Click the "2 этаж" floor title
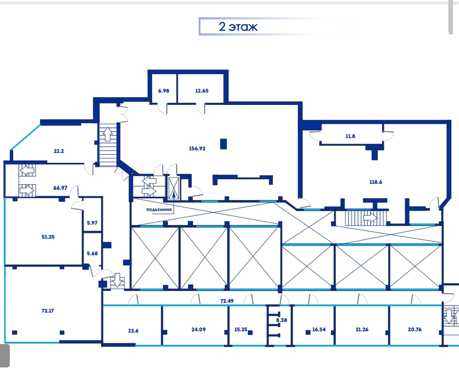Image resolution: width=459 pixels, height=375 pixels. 238,27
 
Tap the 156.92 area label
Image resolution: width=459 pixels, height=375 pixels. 197,149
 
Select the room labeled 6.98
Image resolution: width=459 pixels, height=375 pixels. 164,90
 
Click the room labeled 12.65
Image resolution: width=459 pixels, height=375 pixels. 202,90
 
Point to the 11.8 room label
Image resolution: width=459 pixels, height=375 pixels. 351,136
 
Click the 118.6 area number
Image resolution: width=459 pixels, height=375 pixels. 375,182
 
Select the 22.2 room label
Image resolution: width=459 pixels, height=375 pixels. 59,151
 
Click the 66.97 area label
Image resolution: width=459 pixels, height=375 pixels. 60,188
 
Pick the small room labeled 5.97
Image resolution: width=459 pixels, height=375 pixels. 92,223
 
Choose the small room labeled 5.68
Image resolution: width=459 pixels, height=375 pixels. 92,254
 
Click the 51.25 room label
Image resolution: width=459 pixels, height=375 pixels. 48,237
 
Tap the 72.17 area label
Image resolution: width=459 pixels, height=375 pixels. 48,311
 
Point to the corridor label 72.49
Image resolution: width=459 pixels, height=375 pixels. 227,301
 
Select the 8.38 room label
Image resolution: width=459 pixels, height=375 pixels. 282,320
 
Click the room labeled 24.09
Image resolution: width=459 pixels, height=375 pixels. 199,330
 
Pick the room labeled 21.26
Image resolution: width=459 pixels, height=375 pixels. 362,330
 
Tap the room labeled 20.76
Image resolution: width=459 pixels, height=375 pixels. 414,330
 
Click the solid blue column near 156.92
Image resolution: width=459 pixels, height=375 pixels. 223,144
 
